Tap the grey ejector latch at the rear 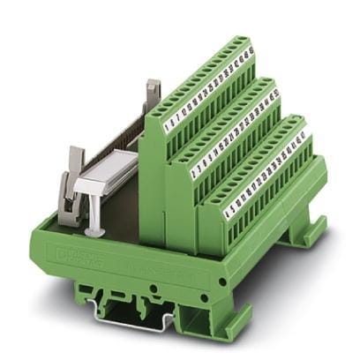[152, 92]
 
